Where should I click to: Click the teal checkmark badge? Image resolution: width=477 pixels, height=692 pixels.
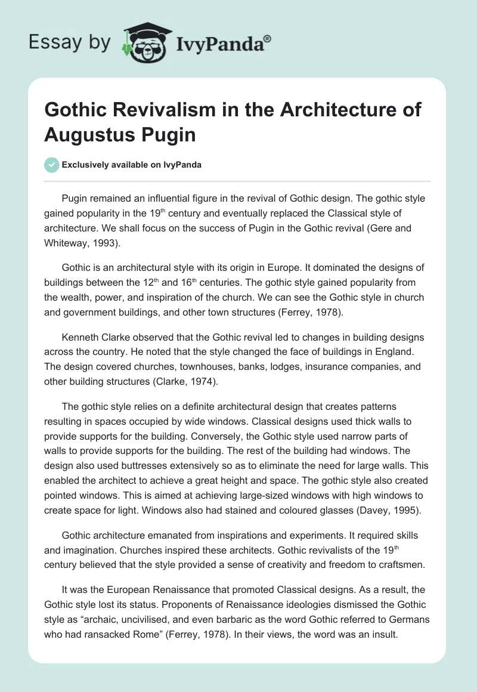point(51,165)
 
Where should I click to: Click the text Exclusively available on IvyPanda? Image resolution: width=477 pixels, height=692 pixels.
point(132,165)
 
